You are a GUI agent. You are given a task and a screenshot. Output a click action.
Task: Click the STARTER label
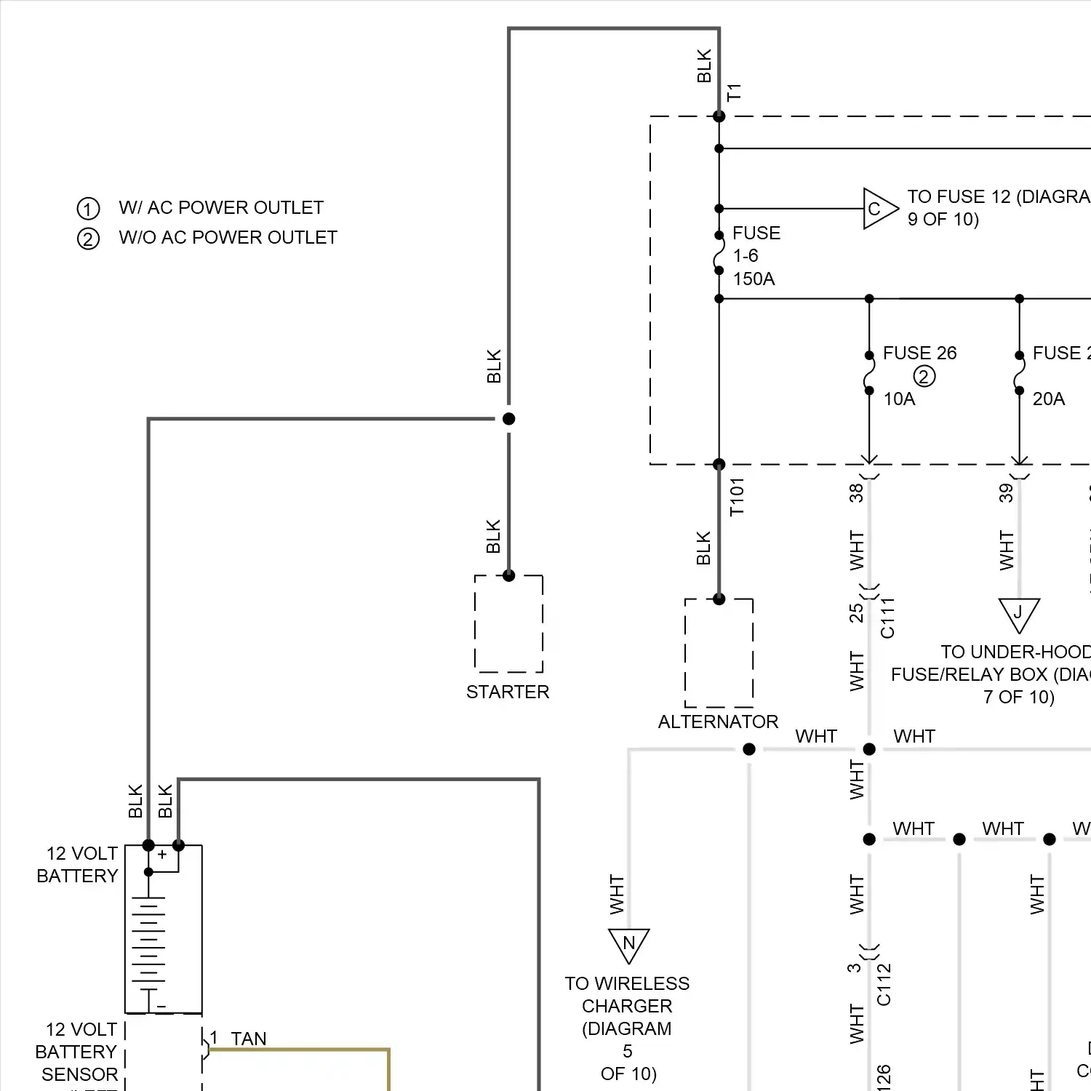pos(508,692)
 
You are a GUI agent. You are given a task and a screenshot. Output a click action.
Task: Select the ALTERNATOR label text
pos(718,722)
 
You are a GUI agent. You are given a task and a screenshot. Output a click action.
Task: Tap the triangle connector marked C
pos(878,209)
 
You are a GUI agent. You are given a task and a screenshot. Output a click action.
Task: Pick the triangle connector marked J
pos(1018,613)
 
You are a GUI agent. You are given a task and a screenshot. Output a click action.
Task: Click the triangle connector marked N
pos(628,944)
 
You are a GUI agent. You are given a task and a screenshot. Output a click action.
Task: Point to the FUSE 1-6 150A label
pos(755,255)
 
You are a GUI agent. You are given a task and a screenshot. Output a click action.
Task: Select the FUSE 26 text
pos(919,353)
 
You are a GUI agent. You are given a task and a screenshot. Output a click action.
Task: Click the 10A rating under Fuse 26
pos(899,399)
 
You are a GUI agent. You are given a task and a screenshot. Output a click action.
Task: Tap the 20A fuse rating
pos(1048,399)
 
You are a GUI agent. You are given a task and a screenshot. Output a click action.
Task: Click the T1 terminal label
pos(734,92)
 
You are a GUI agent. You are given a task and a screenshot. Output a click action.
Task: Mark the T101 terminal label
pos(737,497)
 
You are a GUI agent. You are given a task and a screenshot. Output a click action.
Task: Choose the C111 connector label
pos(887,618)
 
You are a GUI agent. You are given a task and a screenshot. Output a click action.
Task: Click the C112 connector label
pos(884,985)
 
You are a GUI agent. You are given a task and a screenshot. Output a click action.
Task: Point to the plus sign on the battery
pos(162,855)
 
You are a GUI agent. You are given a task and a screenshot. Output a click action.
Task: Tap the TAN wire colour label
pos(249,1039)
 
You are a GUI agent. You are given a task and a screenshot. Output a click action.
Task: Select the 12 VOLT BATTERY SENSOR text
pos(79,1052)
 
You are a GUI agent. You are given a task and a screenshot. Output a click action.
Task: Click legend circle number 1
pos(88,209)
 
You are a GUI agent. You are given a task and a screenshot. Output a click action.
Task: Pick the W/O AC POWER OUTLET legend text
pos(228,238)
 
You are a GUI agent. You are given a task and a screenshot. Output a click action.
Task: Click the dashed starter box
pos(508,624)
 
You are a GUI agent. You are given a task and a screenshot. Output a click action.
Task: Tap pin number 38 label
pos(856,492)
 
